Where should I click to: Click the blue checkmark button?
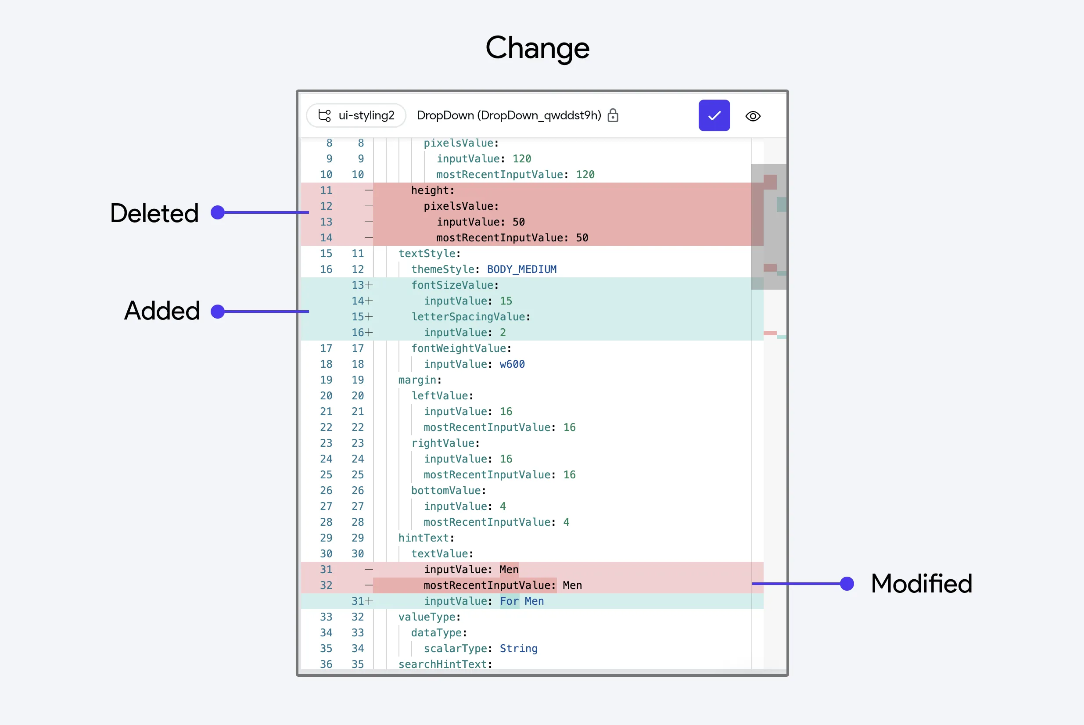point(714,115)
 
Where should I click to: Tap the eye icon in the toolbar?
point(753,116)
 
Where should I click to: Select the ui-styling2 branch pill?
point(356,115)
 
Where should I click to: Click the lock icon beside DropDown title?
point(613,115)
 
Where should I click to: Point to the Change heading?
point(537,48)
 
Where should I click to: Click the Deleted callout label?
point(154,213)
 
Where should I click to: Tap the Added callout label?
point(162,311)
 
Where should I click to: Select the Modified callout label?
point(922,584)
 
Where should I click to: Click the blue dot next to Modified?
point(847,584)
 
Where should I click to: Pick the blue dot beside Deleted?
point(218,213)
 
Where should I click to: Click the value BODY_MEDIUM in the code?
point(522,269)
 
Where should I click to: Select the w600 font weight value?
point(512,364)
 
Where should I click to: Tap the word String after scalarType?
point(519,649)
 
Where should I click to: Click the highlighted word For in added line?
point(510,601)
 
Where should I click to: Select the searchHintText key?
point(445,664)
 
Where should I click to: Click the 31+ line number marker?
point(362,601)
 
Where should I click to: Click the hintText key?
point(427,538)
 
